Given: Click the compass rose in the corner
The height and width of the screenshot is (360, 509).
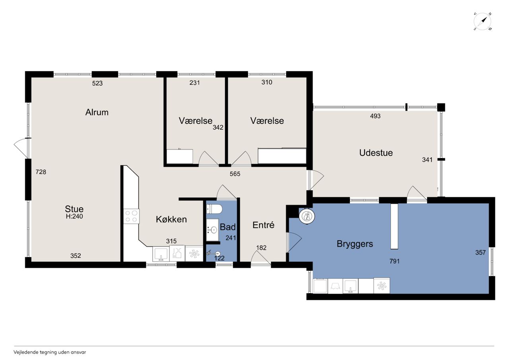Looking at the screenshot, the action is [482, 22].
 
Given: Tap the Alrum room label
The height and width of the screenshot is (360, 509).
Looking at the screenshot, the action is [97, 112].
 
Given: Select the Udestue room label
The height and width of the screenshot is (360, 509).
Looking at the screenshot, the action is [376, 153].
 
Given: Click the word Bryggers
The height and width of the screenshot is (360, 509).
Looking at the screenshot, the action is [355, 244].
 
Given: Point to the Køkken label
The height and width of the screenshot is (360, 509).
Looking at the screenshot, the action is [171, 219].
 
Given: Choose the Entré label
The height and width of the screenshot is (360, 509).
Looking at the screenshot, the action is [263, 225].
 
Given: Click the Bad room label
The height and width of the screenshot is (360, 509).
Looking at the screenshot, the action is [228, 227].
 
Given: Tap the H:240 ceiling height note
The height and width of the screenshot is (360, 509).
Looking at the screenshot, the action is [74, 216].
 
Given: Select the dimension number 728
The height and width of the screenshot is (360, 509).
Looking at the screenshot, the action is [41, 172].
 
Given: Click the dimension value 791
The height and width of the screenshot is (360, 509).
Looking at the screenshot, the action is [394, 261].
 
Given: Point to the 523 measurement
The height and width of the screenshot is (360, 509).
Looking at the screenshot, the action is [97, 84].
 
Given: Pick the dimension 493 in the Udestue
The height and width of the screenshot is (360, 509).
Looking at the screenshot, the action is [375, 116].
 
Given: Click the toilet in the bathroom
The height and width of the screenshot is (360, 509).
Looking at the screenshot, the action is [214, 209].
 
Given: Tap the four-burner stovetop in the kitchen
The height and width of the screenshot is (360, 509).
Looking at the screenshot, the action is [131, 216].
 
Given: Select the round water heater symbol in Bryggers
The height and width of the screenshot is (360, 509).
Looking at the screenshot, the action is [307, 216].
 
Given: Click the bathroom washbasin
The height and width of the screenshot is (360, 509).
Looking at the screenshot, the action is [212, 230].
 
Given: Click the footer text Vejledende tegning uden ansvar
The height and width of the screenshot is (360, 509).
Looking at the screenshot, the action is [50, 352].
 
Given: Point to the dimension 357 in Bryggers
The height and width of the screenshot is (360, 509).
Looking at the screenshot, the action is [480, 253].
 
